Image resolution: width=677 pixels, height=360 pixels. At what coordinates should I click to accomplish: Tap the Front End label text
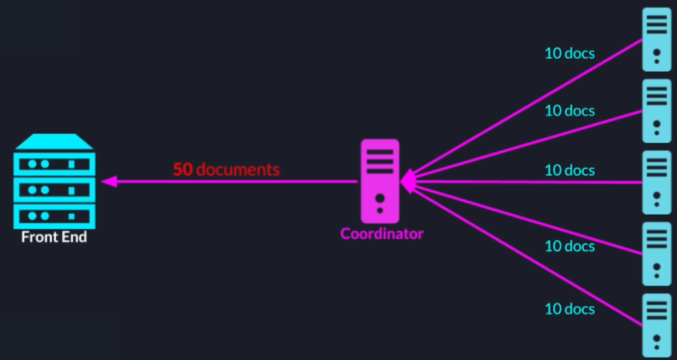54,238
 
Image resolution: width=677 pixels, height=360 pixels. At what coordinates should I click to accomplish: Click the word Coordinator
382,234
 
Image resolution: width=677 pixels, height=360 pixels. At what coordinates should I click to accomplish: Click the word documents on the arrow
237,169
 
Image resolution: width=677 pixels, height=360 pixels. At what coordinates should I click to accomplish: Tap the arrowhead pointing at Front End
108,182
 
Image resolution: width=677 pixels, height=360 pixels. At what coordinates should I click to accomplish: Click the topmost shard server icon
656,39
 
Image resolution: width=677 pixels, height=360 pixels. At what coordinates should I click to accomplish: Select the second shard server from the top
656,111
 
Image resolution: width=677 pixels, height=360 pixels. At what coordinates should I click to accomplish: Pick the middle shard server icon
656,182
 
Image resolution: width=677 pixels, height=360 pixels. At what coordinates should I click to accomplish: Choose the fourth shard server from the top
656,253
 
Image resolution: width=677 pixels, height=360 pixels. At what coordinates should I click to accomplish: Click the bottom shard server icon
656,324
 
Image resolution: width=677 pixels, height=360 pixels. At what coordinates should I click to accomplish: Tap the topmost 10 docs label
570,53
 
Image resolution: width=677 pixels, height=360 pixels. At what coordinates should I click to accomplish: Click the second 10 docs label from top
570,111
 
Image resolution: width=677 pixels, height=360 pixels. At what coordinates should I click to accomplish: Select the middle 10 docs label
570,170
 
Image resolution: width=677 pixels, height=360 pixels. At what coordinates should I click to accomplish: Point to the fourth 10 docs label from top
570,246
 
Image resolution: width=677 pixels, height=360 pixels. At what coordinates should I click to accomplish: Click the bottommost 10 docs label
570,309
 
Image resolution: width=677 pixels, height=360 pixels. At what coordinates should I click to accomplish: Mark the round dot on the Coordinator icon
380,199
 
